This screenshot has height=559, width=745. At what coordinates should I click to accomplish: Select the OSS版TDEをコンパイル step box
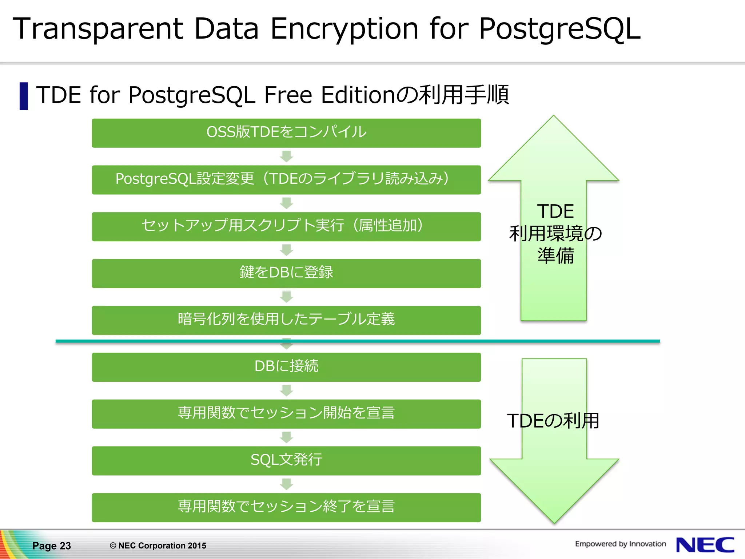click(x=286, y=133)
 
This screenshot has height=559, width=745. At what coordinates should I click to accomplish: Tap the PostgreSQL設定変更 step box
click(x=286, y=180)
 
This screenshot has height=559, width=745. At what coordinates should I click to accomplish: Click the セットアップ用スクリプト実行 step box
click(x=286, y=226)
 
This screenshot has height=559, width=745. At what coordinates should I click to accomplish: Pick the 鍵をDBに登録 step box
click(x=286, y=273)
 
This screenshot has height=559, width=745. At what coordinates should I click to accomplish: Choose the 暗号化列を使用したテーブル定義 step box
click(x=286, y=320)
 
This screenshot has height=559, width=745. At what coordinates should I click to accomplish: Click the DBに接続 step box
click(x=286, y=367)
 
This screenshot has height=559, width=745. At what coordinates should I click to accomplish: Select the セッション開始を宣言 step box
click(x=286, y=414)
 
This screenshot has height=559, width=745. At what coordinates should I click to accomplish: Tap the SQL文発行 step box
click(x=286, y=460)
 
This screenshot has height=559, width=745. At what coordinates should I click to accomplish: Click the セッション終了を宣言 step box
click(x=286, y=507)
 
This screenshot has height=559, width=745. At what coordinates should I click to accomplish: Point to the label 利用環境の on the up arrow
click(x=555, y=234)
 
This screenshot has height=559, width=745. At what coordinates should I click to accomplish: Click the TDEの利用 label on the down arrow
click(x=553, y=421)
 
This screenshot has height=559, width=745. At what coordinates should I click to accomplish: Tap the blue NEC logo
click(x=705, y=545)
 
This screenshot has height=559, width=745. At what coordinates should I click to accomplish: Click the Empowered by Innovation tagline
click(x=620, y=544)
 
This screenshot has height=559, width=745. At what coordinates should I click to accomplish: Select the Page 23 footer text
click(x=52, y=546)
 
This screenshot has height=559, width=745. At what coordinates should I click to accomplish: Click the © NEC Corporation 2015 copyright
click(x=158, y=546)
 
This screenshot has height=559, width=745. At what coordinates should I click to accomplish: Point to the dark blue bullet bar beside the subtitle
click(x=24, y=96)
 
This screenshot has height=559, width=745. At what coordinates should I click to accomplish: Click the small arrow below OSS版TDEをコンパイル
click(x=286, y=156)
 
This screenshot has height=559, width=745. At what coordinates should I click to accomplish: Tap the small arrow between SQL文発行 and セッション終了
click(x=286, y=484)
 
